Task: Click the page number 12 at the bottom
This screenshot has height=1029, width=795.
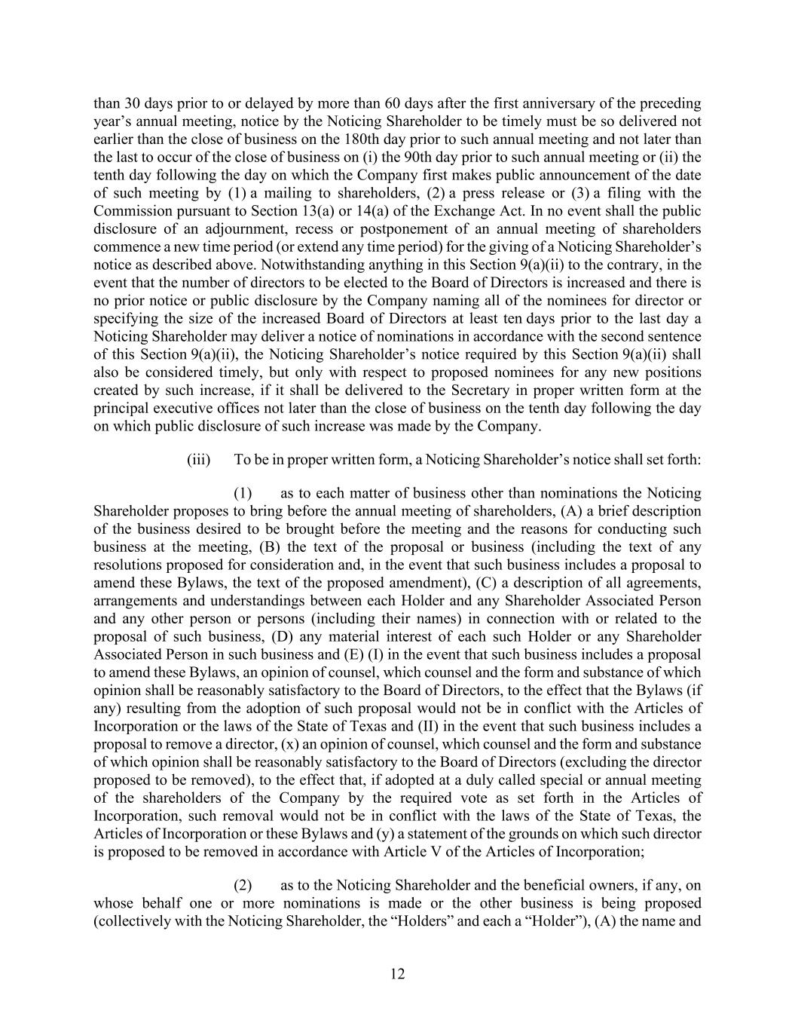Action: [398, 974]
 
